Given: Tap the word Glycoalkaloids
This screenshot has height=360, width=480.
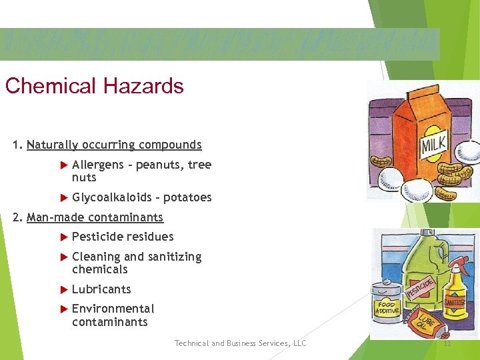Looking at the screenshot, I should click(x=111, y=197).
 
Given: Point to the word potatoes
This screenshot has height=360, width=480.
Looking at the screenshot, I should click(x=187, y=197).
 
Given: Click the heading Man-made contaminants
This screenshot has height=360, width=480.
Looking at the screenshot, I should click(x=95, y=217).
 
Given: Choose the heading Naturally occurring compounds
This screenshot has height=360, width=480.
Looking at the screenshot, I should click(x=114, y=145).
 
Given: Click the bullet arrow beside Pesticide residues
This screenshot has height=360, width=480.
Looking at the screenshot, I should click(x=64, y=237).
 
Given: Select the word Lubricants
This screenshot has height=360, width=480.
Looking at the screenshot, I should click(x=101, y=289).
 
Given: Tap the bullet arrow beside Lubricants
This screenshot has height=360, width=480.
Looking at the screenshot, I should click(x=64, y=289).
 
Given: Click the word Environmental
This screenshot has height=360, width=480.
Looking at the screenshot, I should click(x=113, y=309).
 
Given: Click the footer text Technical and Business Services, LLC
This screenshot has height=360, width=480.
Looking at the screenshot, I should click(x=240, y=343).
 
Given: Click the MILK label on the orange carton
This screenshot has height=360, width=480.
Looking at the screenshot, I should click(x=434, y=144).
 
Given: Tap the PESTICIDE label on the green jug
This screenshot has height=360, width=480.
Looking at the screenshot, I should click(x=421, y=287).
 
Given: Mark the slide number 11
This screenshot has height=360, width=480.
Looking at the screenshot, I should click(x=447, y=343).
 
